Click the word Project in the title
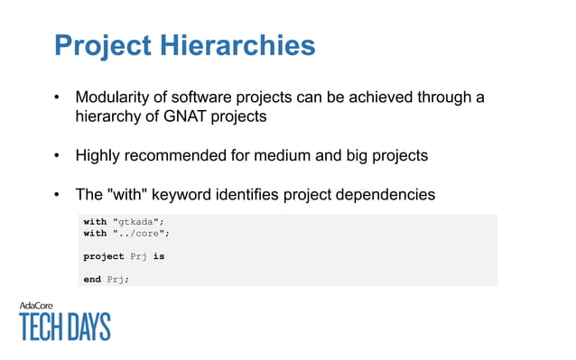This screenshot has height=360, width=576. [x=104, y=45]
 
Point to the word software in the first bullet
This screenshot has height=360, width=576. [x=210, y=97]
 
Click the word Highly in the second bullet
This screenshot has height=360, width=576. [x=98, y=155]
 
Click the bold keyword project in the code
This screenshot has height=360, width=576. [x=104, y=256]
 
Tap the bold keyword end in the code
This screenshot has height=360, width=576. [x=92, y=279]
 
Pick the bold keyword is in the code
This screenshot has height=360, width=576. [x=159, y=256]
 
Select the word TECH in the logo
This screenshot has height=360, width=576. [x=46, y=327]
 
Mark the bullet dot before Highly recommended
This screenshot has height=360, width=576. [x=58, y=156]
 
